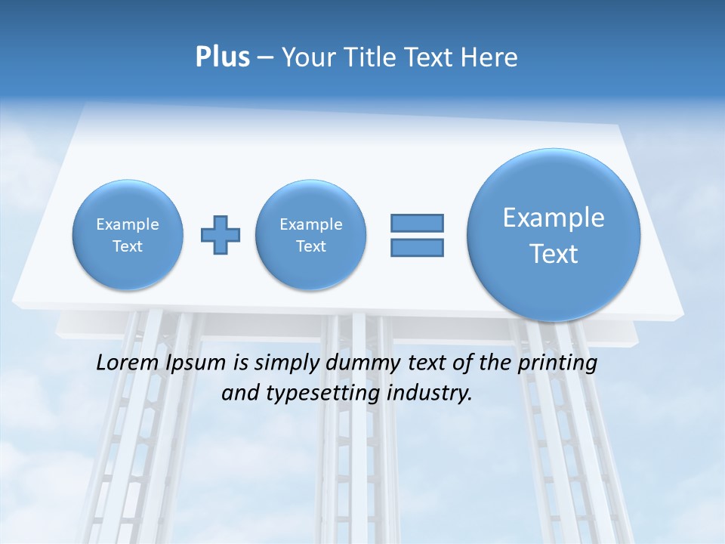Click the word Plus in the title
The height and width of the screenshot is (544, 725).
point(222,57)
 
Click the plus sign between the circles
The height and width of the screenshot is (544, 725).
point(221,235)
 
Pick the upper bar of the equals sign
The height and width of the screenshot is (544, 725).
point(417,223)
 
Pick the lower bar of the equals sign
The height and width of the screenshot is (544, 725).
point(417,247)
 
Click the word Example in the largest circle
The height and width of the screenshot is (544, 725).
point(554,218)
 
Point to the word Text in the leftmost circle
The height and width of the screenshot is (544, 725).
point(128,246)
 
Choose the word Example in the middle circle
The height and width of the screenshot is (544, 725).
point(311,224)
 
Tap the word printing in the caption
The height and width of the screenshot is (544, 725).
point(558,363)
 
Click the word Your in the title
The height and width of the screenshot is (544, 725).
point(312,57)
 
